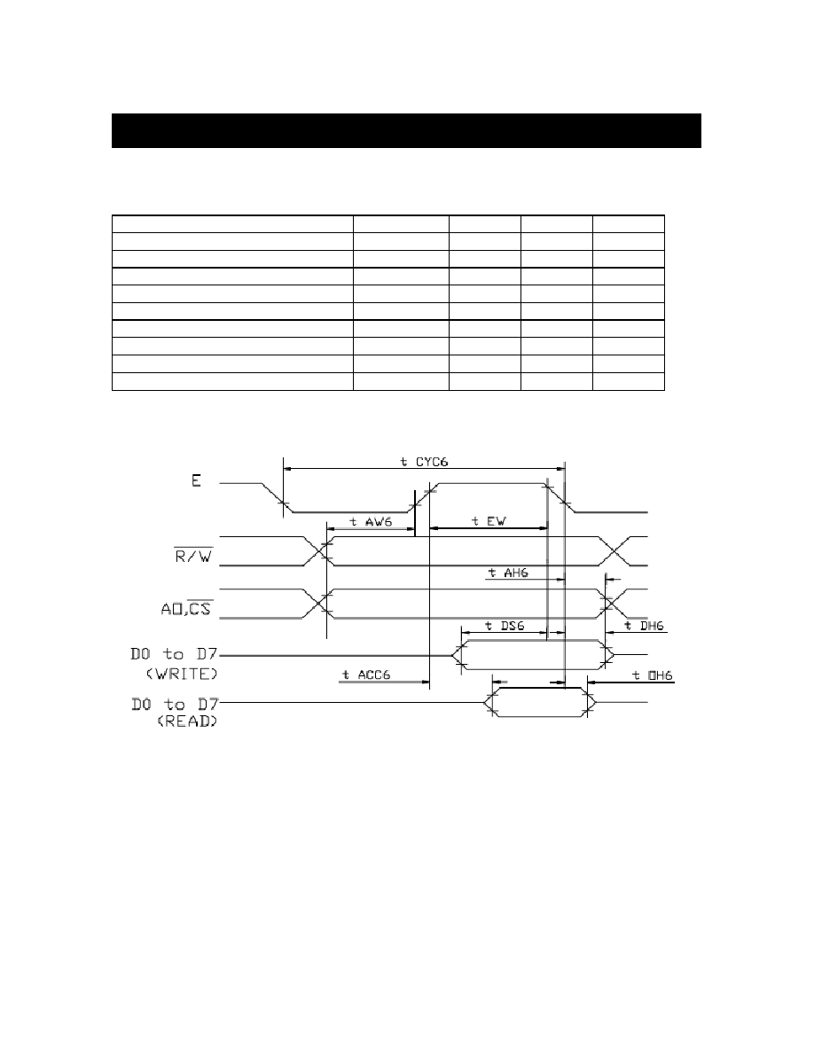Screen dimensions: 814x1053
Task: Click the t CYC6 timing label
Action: point(424,462)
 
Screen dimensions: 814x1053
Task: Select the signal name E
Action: point(196,480)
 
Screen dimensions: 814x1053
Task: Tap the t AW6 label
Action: point(371,522)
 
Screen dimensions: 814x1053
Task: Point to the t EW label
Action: point(489,521)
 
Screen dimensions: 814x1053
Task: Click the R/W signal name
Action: point(193,556)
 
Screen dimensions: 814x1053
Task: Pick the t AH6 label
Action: point(508,573)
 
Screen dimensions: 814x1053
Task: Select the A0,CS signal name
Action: point(186,608)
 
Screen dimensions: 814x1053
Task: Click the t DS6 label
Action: point(505,626)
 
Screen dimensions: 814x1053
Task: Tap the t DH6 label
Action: point(644,626)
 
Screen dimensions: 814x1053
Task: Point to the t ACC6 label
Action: point(366,675)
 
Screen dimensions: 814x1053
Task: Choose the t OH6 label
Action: point(653,675)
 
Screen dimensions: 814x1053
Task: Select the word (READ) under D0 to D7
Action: point(187,722)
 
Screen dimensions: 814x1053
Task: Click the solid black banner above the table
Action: point(406,130)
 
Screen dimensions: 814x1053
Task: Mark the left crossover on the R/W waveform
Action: point(317,551)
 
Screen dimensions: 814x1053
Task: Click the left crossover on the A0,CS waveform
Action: point(317,604)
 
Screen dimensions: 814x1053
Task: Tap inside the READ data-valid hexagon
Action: point(540,703)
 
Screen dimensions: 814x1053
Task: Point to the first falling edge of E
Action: point(277,497)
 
